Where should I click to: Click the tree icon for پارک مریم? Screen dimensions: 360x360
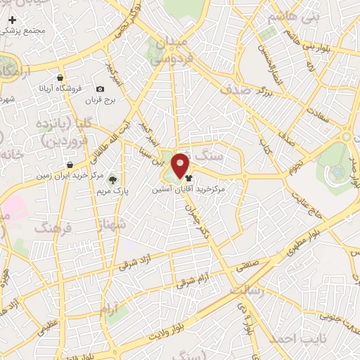[112, 180]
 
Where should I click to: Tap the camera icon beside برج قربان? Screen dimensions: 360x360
[100, 89]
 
